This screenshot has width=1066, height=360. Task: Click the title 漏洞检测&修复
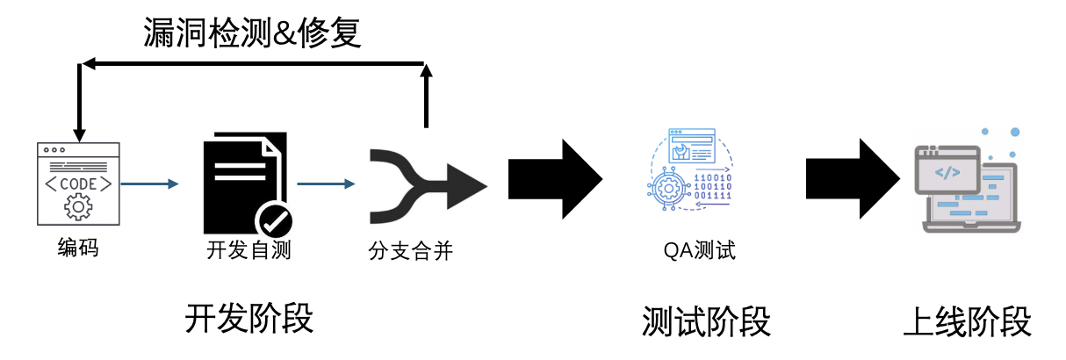coord(252,33)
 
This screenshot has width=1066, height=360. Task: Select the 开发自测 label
coord(248,251)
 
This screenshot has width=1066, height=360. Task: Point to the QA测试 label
coord(699,252)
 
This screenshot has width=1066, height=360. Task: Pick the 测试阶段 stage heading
coord(706,321)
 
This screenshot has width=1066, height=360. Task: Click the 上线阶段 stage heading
coord(967,321)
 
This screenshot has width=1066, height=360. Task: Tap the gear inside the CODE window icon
coord(78,208)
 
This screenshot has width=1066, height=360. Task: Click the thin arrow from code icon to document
coord(149,184)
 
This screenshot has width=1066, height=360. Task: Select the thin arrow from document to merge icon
coord(326,184)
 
